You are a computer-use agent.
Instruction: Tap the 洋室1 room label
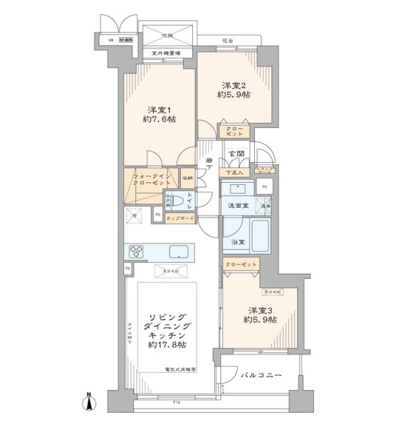pos(157,110)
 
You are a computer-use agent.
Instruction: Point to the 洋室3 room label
pos(260,310)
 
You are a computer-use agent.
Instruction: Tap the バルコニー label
pos(261,374)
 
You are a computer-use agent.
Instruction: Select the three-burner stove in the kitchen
pos(137,251)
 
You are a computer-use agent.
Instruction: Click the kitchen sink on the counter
pos(179,251)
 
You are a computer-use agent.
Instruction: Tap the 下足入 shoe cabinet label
pos(234,172)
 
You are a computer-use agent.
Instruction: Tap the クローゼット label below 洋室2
pos(234,131)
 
